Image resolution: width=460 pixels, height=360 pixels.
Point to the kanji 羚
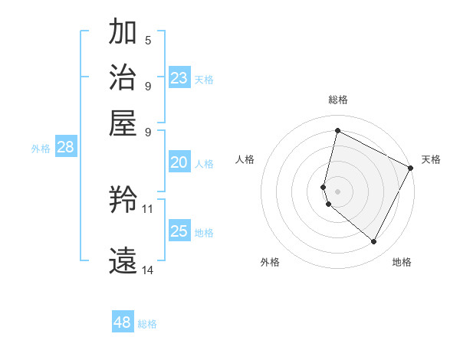[x=123, y=201]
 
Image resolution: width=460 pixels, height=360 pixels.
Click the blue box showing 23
[x=179, y=78]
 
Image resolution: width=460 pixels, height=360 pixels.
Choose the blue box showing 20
[x=179, y=162]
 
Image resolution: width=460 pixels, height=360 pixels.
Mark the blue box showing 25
[x=179, y=231]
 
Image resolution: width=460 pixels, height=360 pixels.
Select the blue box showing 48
[x=123, y=322]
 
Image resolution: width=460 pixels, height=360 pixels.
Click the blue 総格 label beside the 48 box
[x=147, y=324]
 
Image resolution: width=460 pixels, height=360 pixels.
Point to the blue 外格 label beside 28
[x=41, y=149]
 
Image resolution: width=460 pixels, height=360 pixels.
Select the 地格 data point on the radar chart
[x=374, y=242]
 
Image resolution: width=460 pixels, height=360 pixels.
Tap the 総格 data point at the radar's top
[x=337, y=130]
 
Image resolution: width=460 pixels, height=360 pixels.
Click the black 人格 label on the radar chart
[x=245, y=159]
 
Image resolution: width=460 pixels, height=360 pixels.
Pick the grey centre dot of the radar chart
[x=337, y=191]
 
